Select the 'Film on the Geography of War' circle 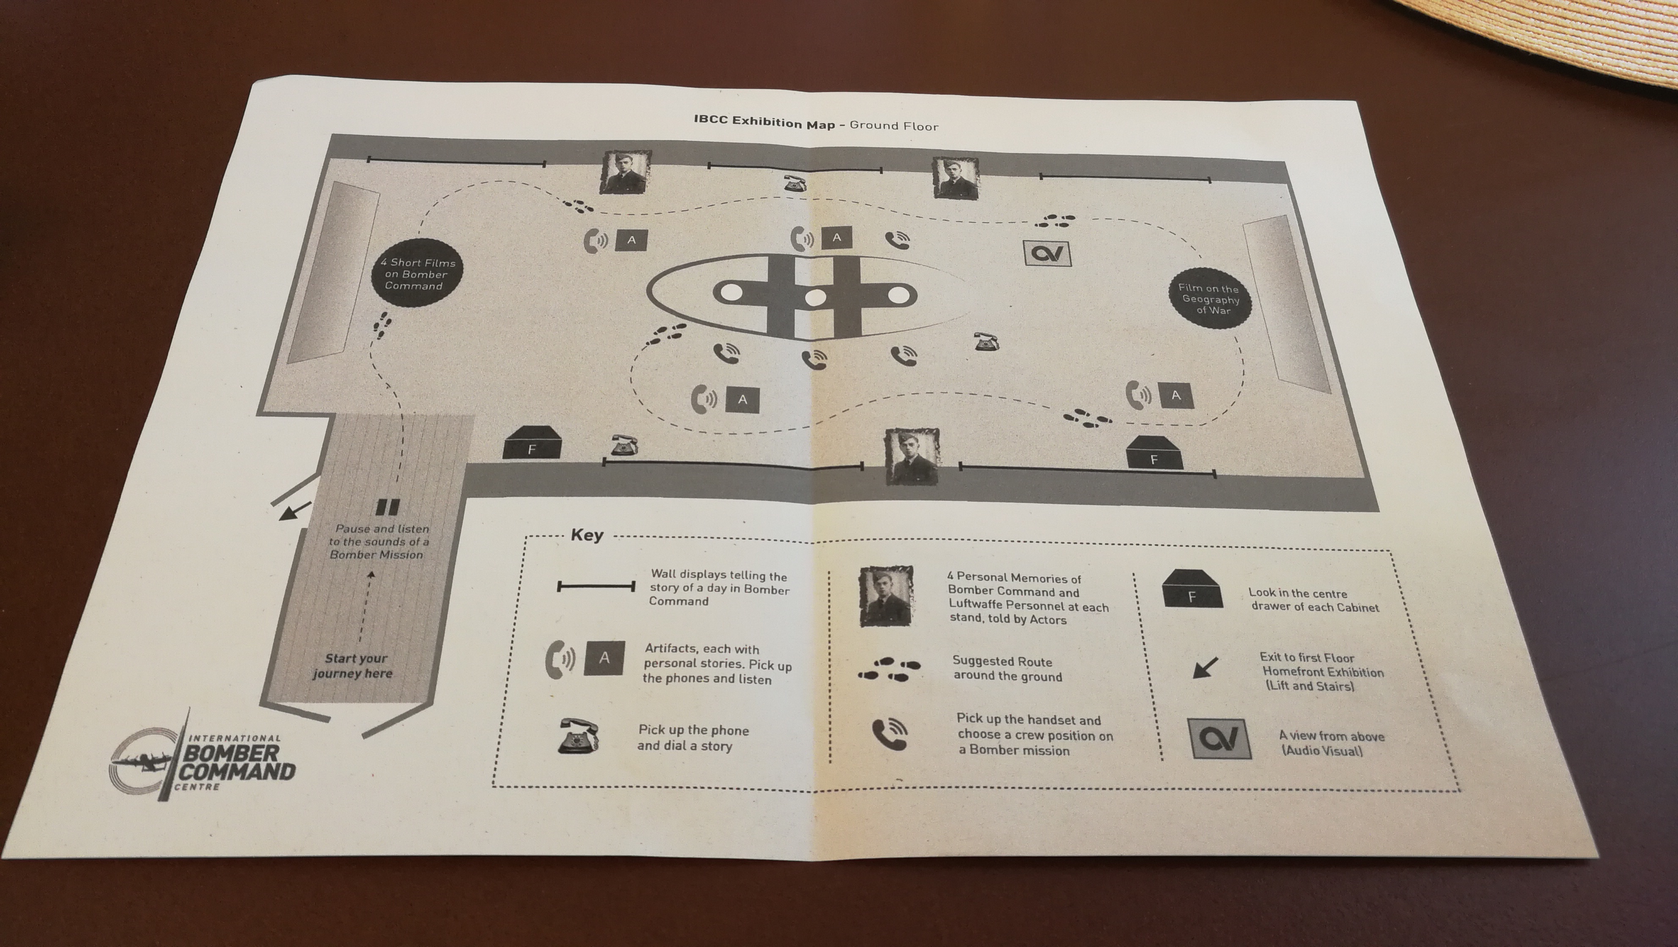pos(1209,300)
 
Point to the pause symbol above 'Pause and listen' pos(388,507)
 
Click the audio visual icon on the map pos(1048,252)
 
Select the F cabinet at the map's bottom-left pos(532,443)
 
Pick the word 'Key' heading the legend pos(587,535)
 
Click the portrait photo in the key pos(885,596)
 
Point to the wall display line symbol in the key pos(596,586)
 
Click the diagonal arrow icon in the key pos(1204,668)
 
